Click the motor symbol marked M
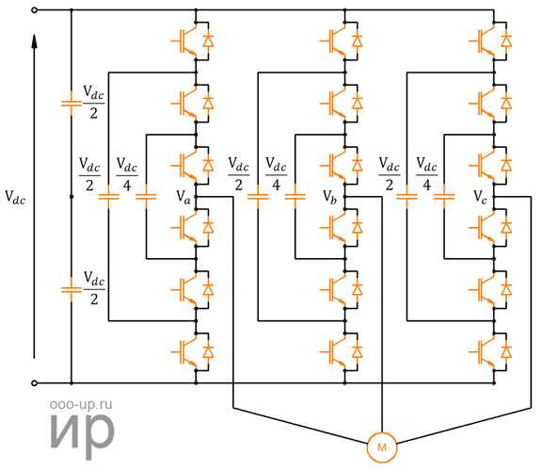382,447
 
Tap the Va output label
183,198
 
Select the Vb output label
329,198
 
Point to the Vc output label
480,197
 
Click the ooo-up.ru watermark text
81,404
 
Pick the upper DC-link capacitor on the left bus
72,103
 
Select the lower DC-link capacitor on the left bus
72,289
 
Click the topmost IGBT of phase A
192,41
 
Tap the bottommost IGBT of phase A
192,352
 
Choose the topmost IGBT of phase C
490,41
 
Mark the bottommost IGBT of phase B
342,352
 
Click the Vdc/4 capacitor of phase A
146,197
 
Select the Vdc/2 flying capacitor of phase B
258,197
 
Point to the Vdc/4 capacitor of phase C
444,197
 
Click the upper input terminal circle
34,10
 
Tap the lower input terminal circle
34,383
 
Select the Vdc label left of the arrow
15,198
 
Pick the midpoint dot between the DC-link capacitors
72,197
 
